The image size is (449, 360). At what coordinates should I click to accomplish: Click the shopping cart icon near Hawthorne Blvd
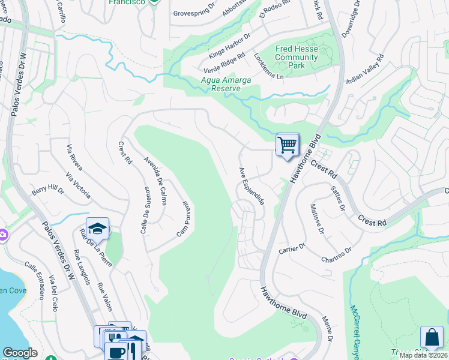pyautogui.click(x=288, y=145)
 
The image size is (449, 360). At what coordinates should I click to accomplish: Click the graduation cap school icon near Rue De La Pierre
pyautogui.click(x=97, y=229)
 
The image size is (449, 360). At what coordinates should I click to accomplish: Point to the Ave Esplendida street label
pyautogui.click(x=252, y=186)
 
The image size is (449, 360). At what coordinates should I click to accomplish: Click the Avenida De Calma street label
pyautogui.click(x=155, y=181)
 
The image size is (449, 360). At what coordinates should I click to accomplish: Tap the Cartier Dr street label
pyautogui.click(x=293, y=247)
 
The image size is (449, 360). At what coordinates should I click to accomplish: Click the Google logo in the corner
pyautogui.click(x=20, y=353)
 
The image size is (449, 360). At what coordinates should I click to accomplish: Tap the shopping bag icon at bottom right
pyautogui.click(x=431, y=337)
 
